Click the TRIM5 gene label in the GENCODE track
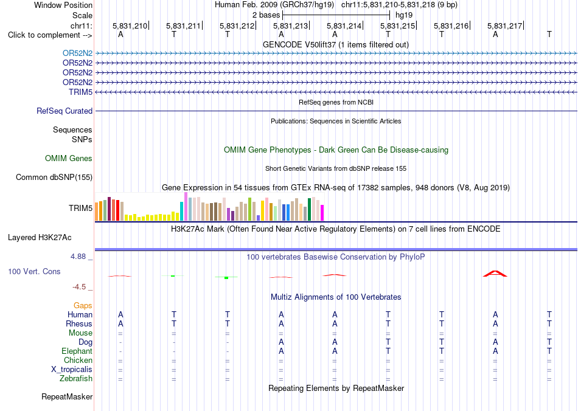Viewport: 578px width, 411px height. click(x=80, y=92)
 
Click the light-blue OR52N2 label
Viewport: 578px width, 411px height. click(x=77, y=53)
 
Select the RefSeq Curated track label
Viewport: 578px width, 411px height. click(x=64, y=111)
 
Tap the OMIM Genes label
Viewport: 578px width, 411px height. click(x=69, y=158)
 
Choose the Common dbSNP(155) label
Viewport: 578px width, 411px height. click(x=54, y=177)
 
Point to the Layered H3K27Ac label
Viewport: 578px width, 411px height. click(x=40, y=238)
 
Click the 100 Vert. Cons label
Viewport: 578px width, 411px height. click(x=34, y=271)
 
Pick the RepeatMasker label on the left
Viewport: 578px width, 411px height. click(x=67, y=396)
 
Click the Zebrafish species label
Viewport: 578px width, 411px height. click(x=76, y=379)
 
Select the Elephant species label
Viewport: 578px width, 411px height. click(x=77, y=351)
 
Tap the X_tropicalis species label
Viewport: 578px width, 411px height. click(x=72, y=370)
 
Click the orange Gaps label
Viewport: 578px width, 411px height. click(x=83, y=306)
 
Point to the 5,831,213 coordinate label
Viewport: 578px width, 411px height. click(x=290, y=26)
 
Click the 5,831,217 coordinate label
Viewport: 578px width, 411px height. click(x=504, y=26)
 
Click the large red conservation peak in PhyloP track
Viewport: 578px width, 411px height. click(x=495, y=274)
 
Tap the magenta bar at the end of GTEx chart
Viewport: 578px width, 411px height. click(x=322, y=213)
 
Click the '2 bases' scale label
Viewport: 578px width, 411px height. click(x=266, y=15)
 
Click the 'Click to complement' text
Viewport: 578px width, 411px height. click(x=44, y=35)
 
